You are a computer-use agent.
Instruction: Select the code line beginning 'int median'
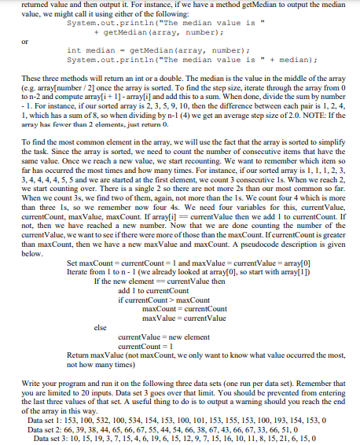[142, 50]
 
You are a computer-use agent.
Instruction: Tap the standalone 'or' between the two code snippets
[24, 42]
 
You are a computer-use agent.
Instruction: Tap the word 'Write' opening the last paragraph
[31, 382]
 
